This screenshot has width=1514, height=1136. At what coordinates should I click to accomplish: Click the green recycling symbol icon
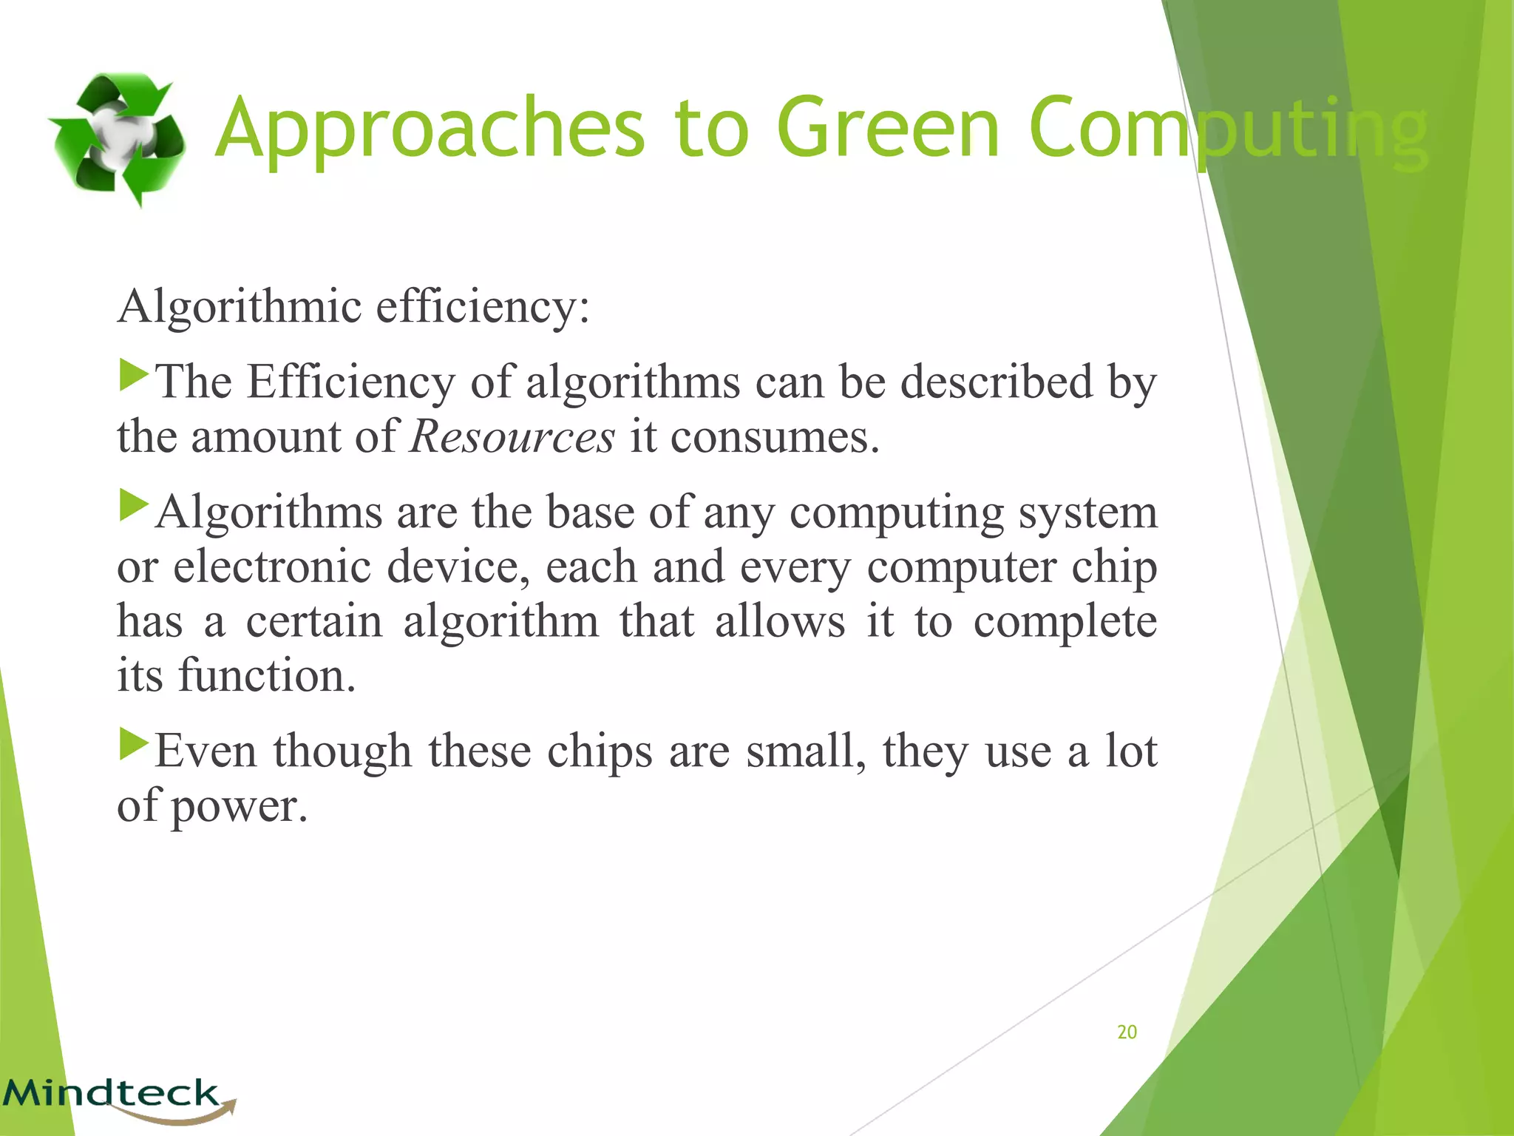click(117, 138)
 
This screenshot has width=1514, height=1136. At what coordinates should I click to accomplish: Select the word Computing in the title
click(1227, 130)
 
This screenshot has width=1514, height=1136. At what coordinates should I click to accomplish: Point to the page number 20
click(1127, 1032)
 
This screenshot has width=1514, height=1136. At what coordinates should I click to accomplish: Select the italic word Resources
click(512, 436)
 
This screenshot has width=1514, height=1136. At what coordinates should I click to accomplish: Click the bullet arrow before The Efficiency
click(134, 375)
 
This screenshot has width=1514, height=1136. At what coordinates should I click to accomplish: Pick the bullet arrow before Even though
click(134, 745)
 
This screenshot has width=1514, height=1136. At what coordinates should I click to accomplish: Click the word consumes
click(775, 436)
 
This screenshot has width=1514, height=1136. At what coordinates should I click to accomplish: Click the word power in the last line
click(239, 805)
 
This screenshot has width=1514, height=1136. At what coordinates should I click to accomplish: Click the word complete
click(1065, 621)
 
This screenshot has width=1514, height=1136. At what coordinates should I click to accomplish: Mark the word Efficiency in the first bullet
click(351, 382)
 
